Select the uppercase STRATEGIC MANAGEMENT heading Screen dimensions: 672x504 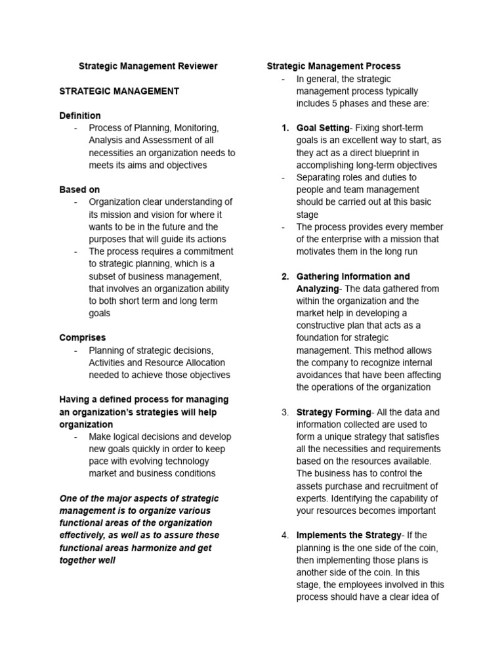119,91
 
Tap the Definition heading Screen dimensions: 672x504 80,115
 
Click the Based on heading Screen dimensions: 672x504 79,190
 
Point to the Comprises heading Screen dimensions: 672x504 82,338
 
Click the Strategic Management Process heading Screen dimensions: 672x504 333,66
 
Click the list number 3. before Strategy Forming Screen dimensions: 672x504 285,412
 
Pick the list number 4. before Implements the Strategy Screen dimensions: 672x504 285,535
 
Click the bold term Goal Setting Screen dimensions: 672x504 323,128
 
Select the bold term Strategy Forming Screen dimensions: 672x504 333,412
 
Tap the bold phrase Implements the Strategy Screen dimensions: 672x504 348,535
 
